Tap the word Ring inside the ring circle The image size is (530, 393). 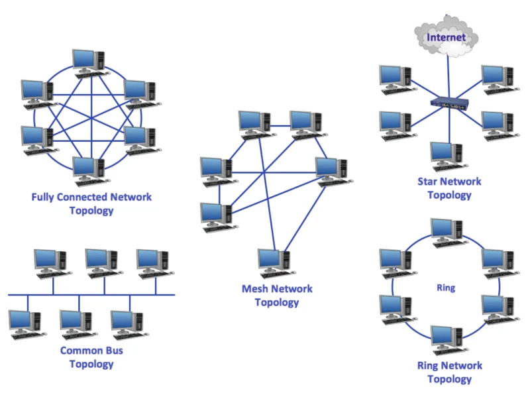(445, 288)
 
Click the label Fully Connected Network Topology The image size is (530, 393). (91, 203)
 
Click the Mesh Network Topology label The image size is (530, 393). (277, 296)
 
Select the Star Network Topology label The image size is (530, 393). (449, 188)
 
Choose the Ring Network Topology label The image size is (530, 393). (449, 372)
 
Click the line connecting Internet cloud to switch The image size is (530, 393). (448, 76)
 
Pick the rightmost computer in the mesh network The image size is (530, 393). (330, 171)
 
